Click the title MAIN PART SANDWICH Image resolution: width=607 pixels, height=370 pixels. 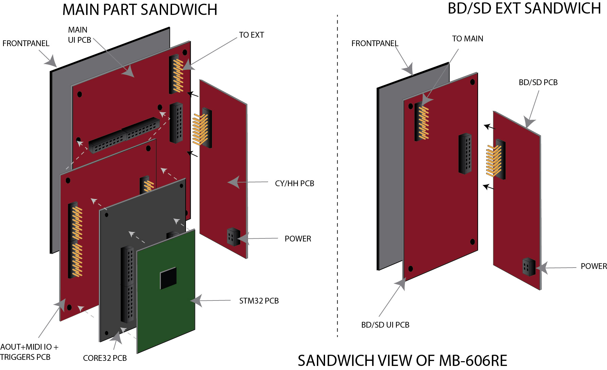point(140,9)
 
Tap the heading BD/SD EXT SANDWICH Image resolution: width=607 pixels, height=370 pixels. point(524,8)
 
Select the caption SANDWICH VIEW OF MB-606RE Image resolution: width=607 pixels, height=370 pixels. point(402,361)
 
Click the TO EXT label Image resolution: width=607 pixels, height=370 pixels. point(251,35)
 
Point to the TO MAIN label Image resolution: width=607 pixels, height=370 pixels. point(468,39)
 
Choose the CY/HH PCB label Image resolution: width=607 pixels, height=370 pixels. point(295,183)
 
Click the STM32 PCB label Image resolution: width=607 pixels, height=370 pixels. point(259,301)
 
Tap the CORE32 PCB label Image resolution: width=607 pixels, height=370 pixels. point(105,358)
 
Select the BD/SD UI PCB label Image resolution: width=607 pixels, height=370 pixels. point(385,325)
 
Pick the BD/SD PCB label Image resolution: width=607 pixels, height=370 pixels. point(538,82)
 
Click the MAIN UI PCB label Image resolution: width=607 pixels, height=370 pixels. point(79,35)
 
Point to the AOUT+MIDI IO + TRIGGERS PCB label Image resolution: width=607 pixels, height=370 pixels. point(29,352)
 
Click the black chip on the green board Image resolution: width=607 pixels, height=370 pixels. point(168,278)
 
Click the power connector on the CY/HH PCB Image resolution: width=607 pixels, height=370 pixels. point(233,236)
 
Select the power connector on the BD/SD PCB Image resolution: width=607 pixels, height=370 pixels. point(529,267)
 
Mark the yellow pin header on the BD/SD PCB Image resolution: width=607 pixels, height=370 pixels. point(494,161)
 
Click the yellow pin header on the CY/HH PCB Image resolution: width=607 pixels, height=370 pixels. point(200,129)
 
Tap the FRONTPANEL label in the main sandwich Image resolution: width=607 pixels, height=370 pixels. point(26,43)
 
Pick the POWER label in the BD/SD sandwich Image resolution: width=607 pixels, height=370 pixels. point(593,266)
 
